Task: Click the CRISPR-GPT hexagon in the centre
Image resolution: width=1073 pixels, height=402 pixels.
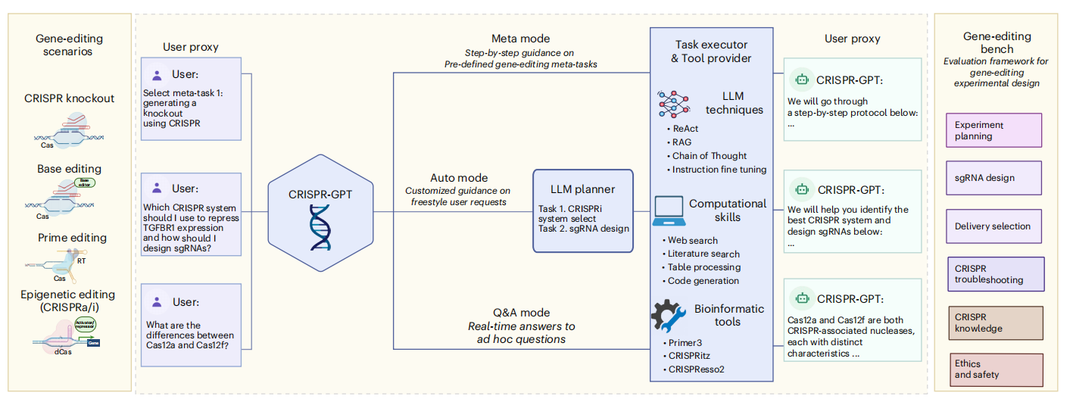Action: click(320, 211)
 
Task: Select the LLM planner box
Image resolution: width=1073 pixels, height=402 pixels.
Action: click(582, 210)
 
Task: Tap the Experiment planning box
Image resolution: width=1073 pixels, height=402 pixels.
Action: click(993, 130)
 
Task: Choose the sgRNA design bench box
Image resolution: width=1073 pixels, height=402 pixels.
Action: click(993, 178)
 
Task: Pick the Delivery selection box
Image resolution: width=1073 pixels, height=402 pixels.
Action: click(993, 226)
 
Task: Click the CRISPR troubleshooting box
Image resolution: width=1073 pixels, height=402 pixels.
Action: click(995, 274)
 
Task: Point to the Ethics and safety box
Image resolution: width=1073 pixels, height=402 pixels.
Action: click(993, 369)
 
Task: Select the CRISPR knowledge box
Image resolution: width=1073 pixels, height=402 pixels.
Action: click(993, 323)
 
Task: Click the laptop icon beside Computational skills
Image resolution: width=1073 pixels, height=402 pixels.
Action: click(669, 212)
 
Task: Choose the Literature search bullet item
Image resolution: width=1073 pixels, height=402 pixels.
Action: click(703, 254)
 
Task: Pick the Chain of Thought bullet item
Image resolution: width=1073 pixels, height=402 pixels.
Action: click(710, 156)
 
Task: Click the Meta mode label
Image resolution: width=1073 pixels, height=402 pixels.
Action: click(520, 39)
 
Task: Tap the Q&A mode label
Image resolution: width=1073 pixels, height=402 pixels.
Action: click(520, 313)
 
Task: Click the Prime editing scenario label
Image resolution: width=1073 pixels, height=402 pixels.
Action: click(73, 238)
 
